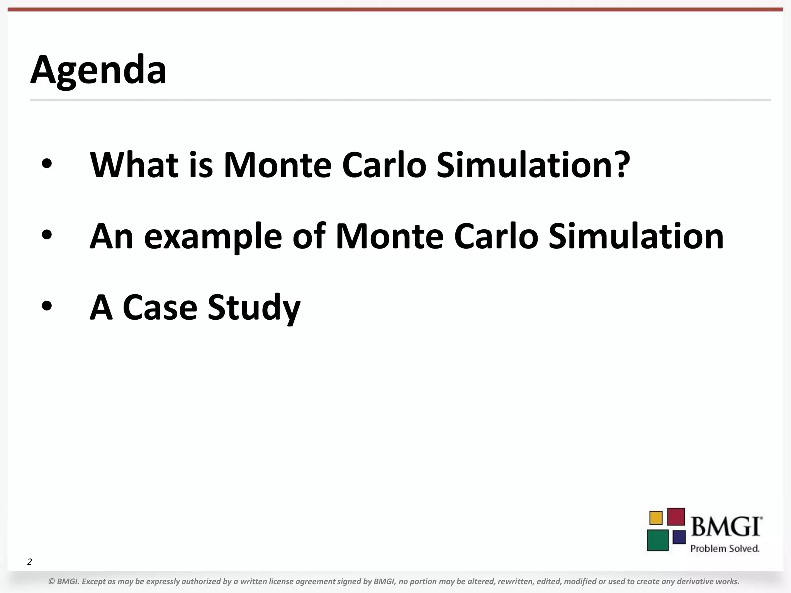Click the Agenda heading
[x=98, y=70]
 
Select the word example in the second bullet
[x=213, y=237]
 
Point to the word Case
[x=160, y=308]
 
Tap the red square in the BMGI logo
[x=676, y=517]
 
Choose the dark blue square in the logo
[x=679, y=537]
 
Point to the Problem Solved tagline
[x=725, y=549]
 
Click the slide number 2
[x=29, y=562]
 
